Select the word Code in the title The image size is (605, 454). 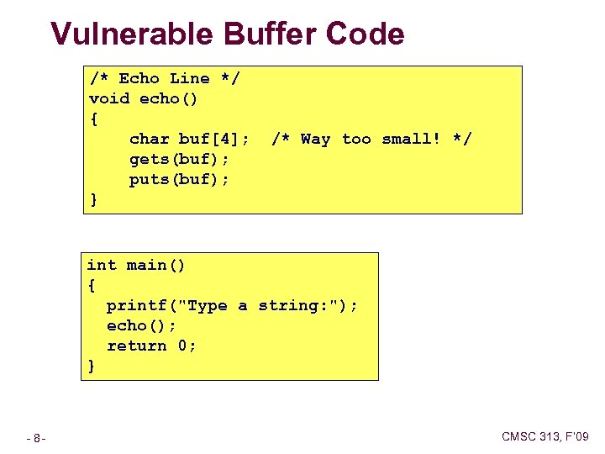(x=365, y=34)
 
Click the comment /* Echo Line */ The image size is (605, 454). (x=165, y=78)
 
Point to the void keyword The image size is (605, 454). (x=109, y=98)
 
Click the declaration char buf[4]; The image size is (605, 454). (x=189, y=139)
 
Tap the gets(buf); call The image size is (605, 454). (x=179, y=159)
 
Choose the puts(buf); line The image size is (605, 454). (x=179, y=179)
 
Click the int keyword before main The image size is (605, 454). (x=102, y=265)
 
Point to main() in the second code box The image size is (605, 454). (x=156, y=265)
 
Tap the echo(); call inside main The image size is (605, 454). (x=141, y=325)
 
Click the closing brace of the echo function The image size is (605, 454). (x=93, y=199)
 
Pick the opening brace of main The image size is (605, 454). (x=92, y=285)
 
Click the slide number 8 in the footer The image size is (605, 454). (x=39, y=438)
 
